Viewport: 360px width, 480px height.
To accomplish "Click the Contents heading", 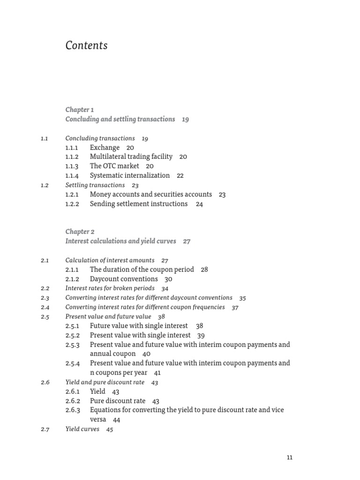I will click(86, 45).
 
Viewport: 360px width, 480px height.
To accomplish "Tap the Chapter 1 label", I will click(80, 110).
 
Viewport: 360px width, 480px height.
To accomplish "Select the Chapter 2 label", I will click(80, 232).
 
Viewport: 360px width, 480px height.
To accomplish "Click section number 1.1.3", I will click(72, 166).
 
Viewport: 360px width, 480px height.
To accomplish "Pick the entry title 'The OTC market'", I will click(114, 166).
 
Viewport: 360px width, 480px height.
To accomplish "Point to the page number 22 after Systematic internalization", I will click(180, 176).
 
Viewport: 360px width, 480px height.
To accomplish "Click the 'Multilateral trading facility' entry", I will click(131, 157).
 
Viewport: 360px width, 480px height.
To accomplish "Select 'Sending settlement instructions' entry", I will click(139, 204).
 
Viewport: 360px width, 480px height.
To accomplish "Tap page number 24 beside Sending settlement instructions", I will click(199, 204).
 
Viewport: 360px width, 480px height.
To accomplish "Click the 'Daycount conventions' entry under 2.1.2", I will click(124, 279).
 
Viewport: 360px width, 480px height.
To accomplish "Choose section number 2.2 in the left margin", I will click(45, 289).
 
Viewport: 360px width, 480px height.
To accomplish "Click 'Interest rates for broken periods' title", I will click(110, 288).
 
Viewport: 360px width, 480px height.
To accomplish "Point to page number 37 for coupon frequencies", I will click(235, 307).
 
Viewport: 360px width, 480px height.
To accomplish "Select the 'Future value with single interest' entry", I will click(139, 326).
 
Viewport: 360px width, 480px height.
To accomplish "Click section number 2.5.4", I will click(73, 363).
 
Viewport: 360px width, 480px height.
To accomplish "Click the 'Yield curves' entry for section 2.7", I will click(82, 429).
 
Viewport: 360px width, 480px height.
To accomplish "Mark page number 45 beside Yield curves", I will click(110, 429).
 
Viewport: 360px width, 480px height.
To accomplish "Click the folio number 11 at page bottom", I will click(289, 457).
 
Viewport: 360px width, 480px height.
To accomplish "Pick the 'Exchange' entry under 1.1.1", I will click(105, 148).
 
